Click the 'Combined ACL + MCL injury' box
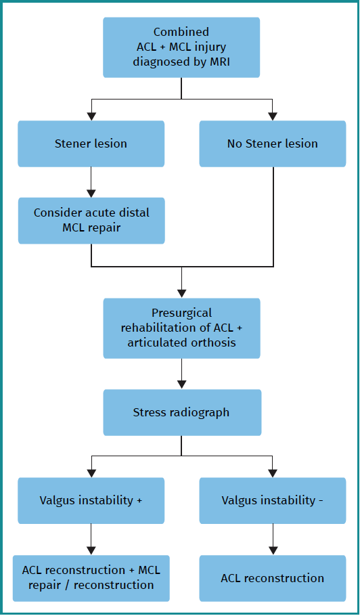[181, 47]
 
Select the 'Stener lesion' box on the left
[91, 144]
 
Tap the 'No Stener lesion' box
[273, 144]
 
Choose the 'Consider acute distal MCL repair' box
[91, 220]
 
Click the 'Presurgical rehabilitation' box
[181, 328]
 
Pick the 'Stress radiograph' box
[181, 412]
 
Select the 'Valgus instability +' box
[91, 500]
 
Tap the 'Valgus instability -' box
[273, 500]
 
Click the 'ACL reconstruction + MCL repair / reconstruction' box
[91, 577]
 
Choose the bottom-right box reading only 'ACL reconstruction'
[273, 578]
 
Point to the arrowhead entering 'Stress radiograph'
[181, 384]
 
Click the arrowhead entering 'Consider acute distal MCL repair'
[91, 193]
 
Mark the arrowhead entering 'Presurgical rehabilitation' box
[181, 293]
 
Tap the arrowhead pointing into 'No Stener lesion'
[273, 116]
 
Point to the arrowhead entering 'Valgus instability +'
[91, 473]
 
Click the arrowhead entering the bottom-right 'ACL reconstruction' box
[273, 550]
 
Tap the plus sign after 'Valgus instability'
[139, 500]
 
